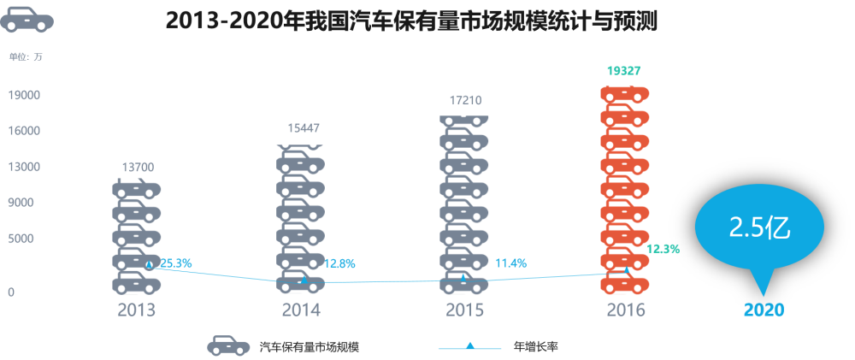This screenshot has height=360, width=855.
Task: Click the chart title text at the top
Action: (410, 20)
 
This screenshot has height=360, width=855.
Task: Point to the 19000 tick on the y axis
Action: (24, 95)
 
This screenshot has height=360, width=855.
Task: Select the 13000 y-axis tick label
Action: (24, 167)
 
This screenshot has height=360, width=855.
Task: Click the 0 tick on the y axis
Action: (11, 292)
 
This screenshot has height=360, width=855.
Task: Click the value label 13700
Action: (138, 167)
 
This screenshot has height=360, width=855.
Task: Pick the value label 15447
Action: (303, 128)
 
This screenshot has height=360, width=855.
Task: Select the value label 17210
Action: (463, 100)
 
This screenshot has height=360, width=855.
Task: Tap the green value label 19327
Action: (624, 71)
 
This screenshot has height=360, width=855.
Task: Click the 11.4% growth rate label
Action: (510, 263)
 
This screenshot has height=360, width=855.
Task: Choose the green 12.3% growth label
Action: (663, 249)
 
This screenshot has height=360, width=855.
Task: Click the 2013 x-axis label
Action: (137, 310)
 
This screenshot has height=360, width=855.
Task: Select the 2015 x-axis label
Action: (464, 310)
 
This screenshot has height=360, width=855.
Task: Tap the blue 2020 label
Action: (764, 310)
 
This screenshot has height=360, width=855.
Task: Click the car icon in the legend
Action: (228, 345)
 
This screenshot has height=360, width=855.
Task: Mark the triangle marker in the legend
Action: (469, 346)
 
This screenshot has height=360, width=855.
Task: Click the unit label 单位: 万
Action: (25, 57)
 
